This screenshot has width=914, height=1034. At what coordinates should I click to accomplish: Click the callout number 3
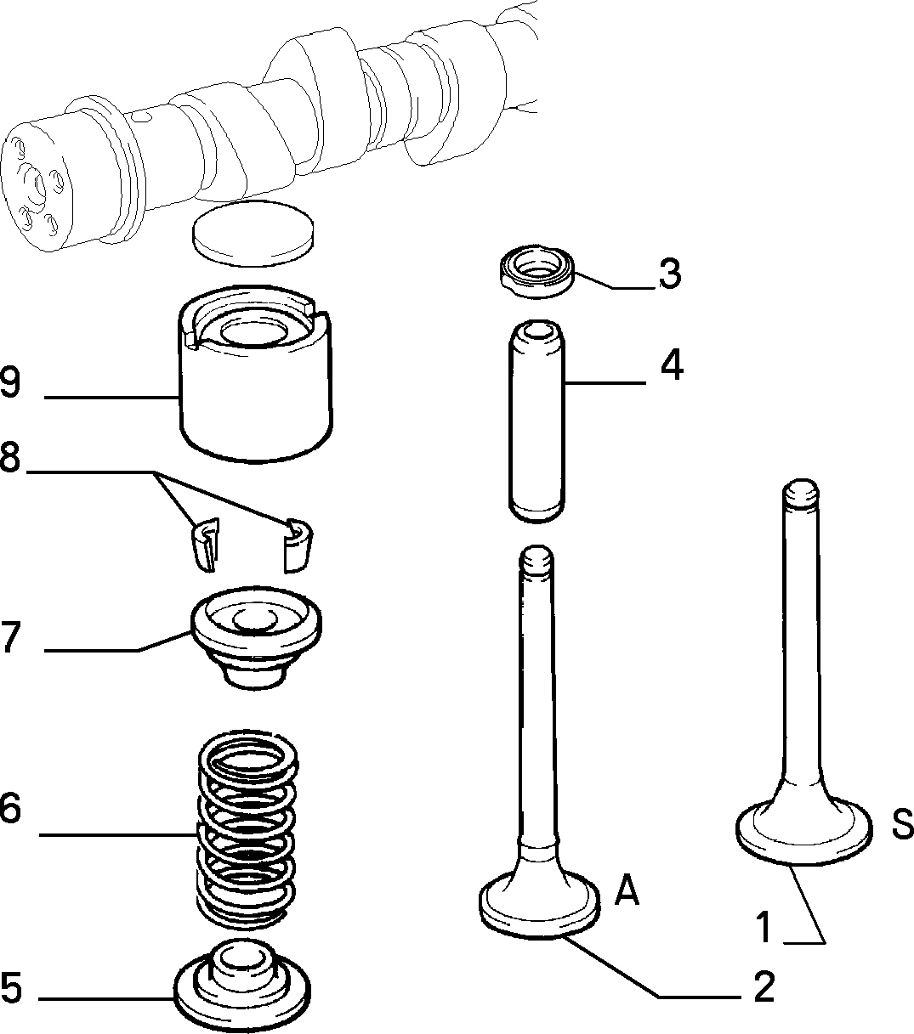click(670, 274)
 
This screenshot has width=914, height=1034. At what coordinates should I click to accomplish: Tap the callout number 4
click(672, 366)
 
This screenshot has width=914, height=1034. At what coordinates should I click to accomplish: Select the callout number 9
click(10, 382)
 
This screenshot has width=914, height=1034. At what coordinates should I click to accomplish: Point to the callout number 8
click(10, 458)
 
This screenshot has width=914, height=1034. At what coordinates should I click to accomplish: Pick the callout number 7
click(10, 637)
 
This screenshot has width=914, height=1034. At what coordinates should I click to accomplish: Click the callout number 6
click(10, 808)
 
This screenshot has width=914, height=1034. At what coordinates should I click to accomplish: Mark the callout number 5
click(10, 988)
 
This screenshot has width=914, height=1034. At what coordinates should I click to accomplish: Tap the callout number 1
click(764, 927)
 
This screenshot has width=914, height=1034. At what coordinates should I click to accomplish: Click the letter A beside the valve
click(626, 890)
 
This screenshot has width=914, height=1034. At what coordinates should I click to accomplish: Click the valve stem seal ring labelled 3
click(536, 272)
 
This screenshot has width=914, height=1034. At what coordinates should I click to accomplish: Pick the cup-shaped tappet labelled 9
click(256, 382)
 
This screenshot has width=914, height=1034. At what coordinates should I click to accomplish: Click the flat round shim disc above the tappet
click(252, 229)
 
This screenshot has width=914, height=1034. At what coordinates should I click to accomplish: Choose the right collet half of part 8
click(298, 544)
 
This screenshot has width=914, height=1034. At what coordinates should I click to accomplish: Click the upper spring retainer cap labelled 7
click(255, 637)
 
